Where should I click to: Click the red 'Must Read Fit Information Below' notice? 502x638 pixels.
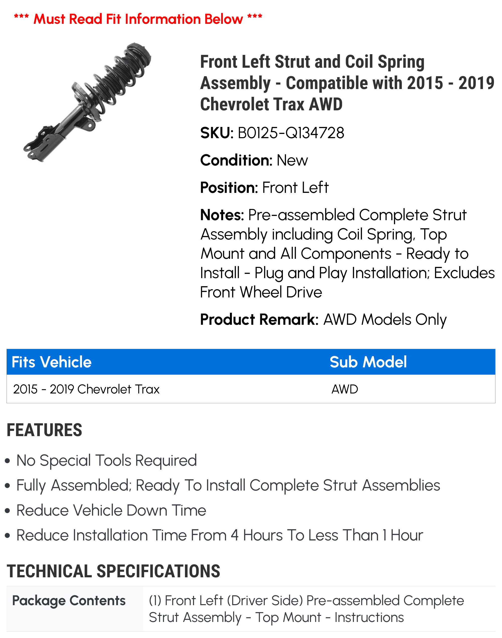pyautogui.click(x=138, y=19)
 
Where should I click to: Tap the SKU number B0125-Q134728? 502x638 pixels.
pyautogui.click(x=291, y=133)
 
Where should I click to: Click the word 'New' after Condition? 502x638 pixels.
pyautogui.click(x=292, y=160)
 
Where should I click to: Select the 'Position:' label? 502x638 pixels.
pyautogui.click(x=229, y=188)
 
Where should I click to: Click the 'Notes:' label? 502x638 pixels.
pyautogui.click(x=222, y=215)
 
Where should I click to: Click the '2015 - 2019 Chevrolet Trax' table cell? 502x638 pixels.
pyautogui.click(x=86, y=389)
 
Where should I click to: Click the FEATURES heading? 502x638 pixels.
pyautogui.click(x=44, y=430)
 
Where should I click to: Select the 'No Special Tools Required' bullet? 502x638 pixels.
pyautogui.click(x=106, y=460)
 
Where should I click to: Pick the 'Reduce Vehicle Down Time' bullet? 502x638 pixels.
pyautogui.click(x=111, y=510)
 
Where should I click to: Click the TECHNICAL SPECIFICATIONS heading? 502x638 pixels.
pyautogui.click(x=113, y=571)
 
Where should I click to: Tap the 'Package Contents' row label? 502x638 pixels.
pyautogui.click(x=69, y=600)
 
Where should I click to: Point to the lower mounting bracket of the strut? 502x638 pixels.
pyautogui.click(x=41, y=144)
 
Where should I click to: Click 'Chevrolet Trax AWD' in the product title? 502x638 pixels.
pyautogui.click(x=271, y=104)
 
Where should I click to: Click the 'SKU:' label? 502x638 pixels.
pyautogui.click(x=217, y=133)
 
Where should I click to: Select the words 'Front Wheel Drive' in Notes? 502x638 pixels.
pyautogui.click(x=261, y=292)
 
